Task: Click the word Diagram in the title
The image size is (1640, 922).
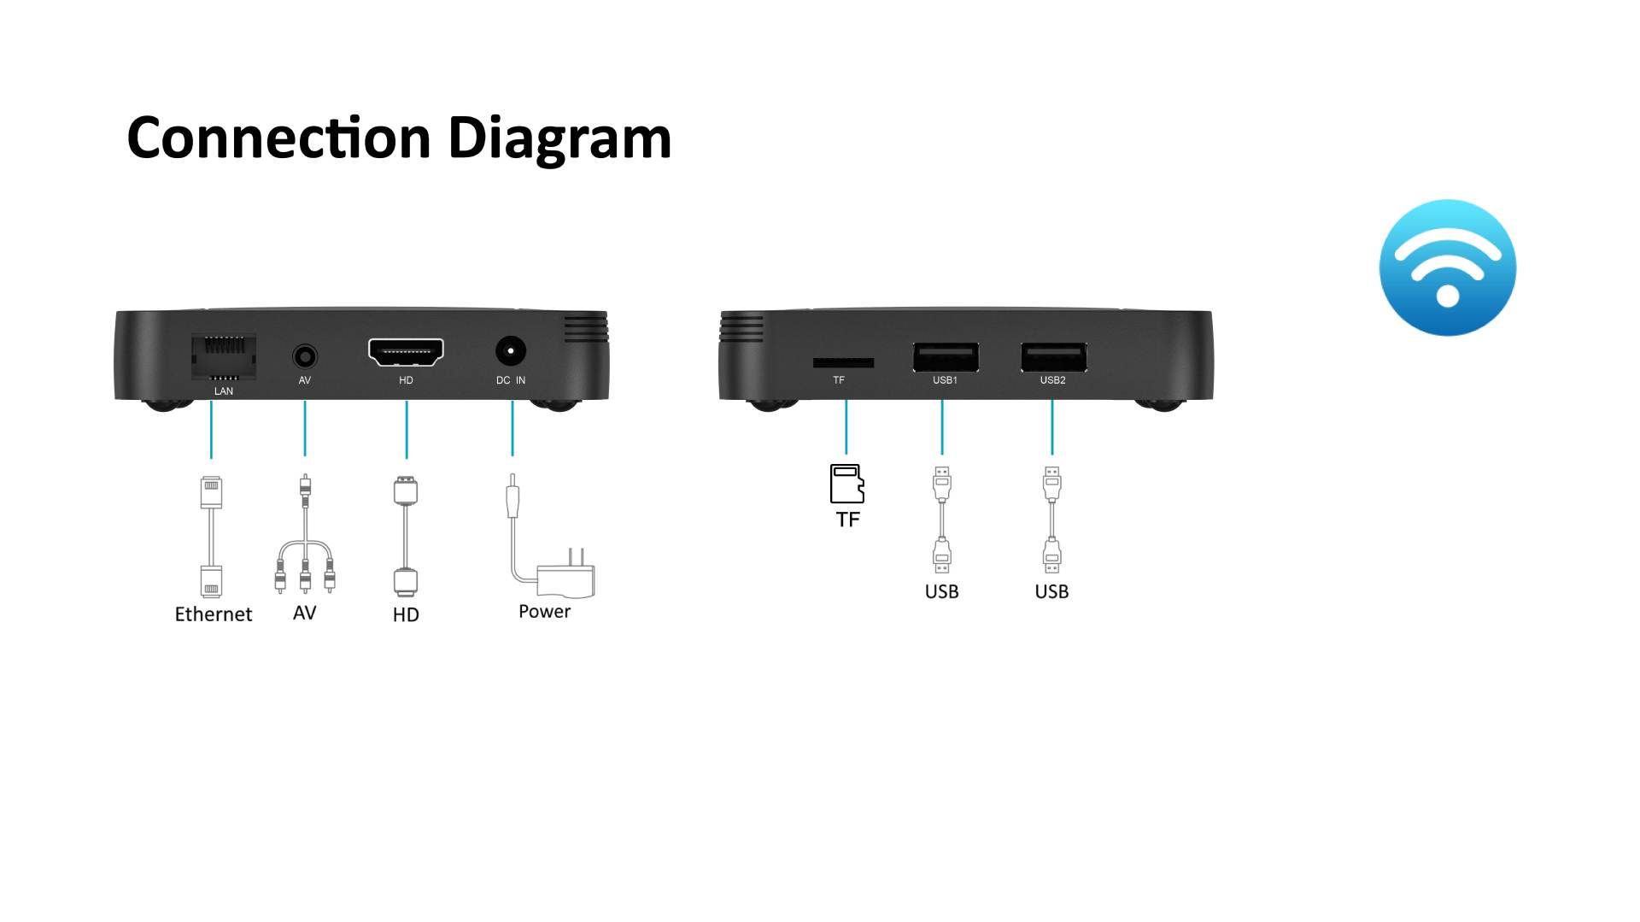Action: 559,138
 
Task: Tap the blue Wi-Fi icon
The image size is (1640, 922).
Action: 1447,267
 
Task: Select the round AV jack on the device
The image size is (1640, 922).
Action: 304,355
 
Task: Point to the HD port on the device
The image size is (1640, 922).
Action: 406,351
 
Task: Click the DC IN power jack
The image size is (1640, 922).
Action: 510,351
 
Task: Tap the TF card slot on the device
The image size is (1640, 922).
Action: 843,362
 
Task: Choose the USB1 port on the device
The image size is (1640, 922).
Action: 946,356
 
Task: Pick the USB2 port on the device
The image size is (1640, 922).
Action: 1053,356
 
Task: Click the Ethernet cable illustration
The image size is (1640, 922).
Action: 211,537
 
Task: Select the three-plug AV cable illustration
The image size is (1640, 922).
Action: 305,538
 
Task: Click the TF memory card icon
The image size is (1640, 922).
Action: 846,484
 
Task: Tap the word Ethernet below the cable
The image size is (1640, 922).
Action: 213,614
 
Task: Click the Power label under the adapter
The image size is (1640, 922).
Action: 544,612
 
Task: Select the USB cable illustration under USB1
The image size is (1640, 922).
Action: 941,520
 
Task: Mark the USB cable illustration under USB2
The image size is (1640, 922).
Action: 1051,520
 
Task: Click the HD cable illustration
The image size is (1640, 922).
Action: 406,537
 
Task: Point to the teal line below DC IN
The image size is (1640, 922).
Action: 512,428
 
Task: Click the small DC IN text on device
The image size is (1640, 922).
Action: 510,380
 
